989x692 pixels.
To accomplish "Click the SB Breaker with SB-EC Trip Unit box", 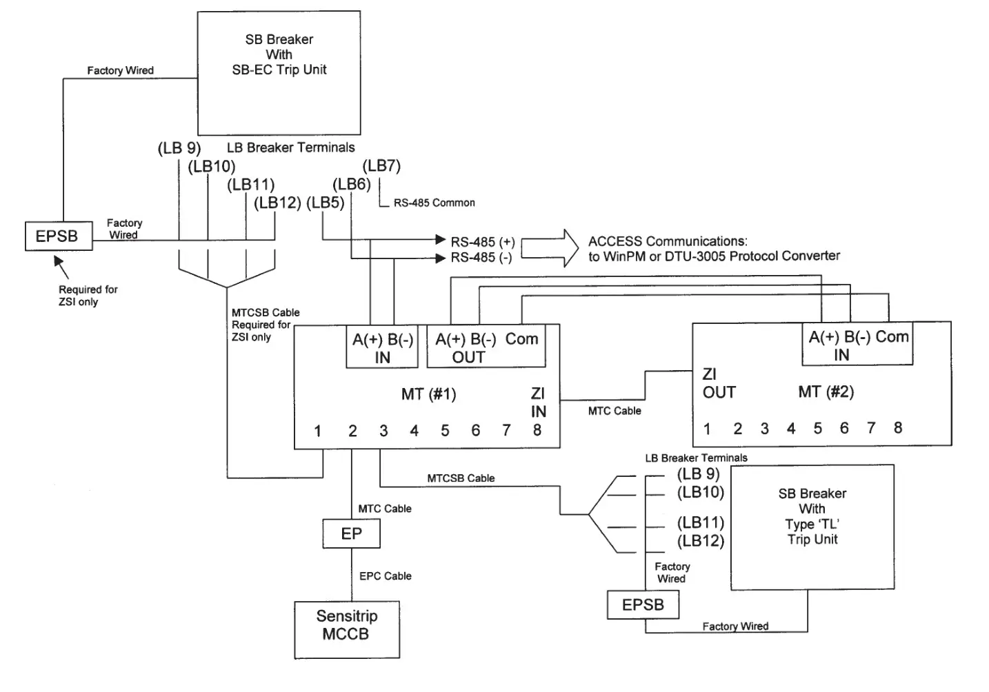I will point(279,72).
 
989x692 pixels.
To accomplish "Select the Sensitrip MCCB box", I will point(346,629).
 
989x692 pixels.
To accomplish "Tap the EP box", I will point(351,533).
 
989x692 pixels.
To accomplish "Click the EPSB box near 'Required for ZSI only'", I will point(58,236).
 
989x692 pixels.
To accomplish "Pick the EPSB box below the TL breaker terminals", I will point(643,605).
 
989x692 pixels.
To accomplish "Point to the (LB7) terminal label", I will point(381,165).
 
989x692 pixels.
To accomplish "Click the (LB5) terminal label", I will point(325,203).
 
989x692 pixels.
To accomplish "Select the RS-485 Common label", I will point(434,203).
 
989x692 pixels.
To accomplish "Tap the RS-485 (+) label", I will point(483,242).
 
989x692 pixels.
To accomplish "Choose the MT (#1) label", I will point(428,394).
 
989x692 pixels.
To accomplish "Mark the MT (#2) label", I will point(826,392).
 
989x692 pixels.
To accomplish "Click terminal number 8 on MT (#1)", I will point(537,431).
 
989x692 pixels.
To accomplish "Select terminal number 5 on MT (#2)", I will point(817,429).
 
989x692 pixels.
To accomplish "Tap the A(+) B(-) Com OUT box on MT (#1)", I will point(486,347).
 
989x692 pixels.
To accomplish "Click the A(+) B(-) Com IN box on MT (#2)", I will point(857,345).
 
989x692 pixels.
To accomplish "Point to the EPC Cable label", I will point(385,576).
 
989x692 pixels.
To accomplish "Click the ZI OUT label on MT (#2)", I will point(719,383).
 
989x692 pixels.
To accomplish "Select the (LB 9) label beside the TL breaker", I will point(698,474).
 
